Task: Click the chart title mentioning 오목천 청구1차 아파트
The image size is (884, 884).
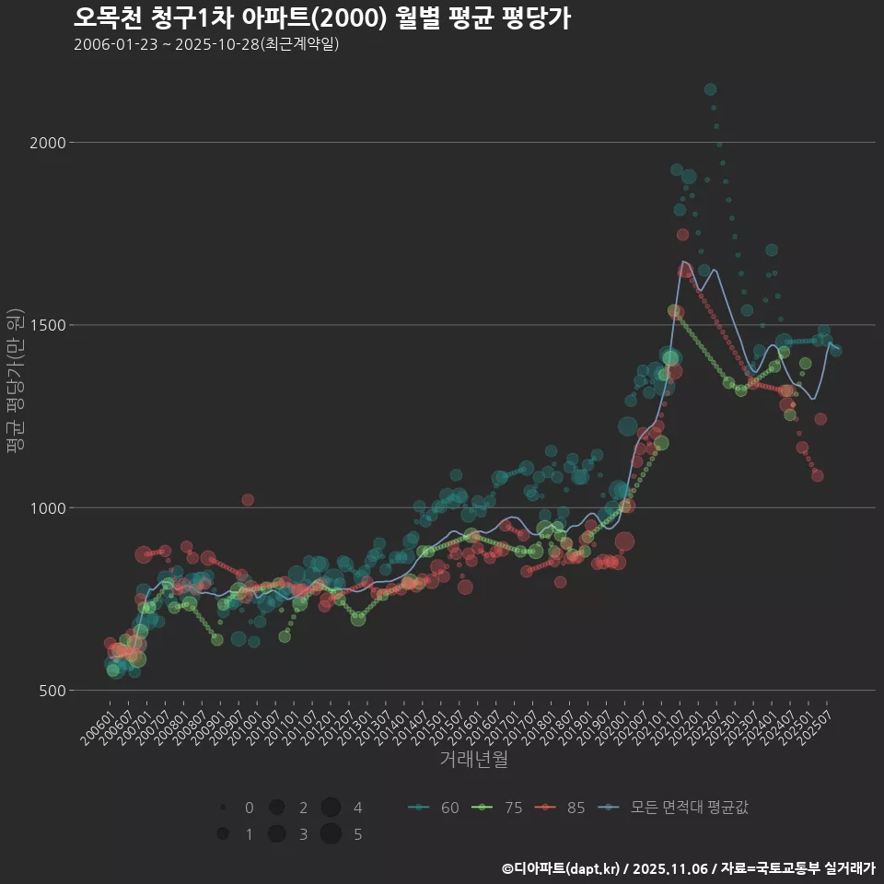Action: [x=321, y=18]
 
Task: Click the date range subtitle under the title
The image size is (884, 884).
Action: [x=206, y=44]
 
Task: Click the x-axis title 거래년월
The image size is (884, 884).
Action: [x=474, y=759]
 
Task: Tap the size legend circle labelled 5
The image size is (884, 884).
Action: [x=331, y=834]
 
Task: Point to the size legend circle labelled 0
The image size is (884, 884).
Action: [x=223, y=808]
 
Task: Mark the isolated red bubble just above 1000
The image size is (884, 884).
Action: [x=248, y=499]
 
